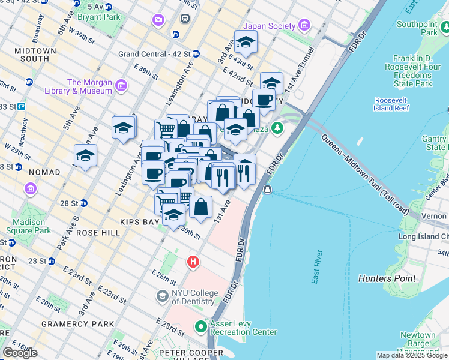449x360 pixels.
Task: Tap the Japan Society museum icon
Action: click(305, 26)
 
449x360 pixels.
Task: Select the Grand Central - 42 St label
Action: click(154, 54)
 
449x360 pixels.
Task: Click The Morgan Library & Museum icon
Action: click(122, 86)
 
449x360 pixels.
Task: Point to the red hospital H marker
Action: click(193, 262)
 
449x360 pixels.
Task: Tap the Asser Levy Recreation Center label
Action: click(243, 328)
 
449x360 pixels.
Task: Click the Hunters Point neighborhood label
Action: click(387, 278)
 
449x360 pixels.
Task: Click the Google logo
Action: click(20, 352)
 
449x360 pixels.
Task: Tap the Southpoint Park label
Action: click(417, 28)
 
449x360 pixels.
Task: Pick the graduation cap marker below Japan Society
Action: click(245, 43)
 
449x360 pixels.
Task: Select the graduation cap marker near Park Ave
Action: click(86, 156)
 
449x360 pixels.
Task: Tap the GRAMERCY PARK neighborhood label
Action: click(77, 324)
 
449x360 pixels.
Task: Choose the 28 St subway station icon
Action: click(84, 203)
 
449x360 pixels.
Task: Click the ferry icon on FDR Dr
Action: click(267, 190)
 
